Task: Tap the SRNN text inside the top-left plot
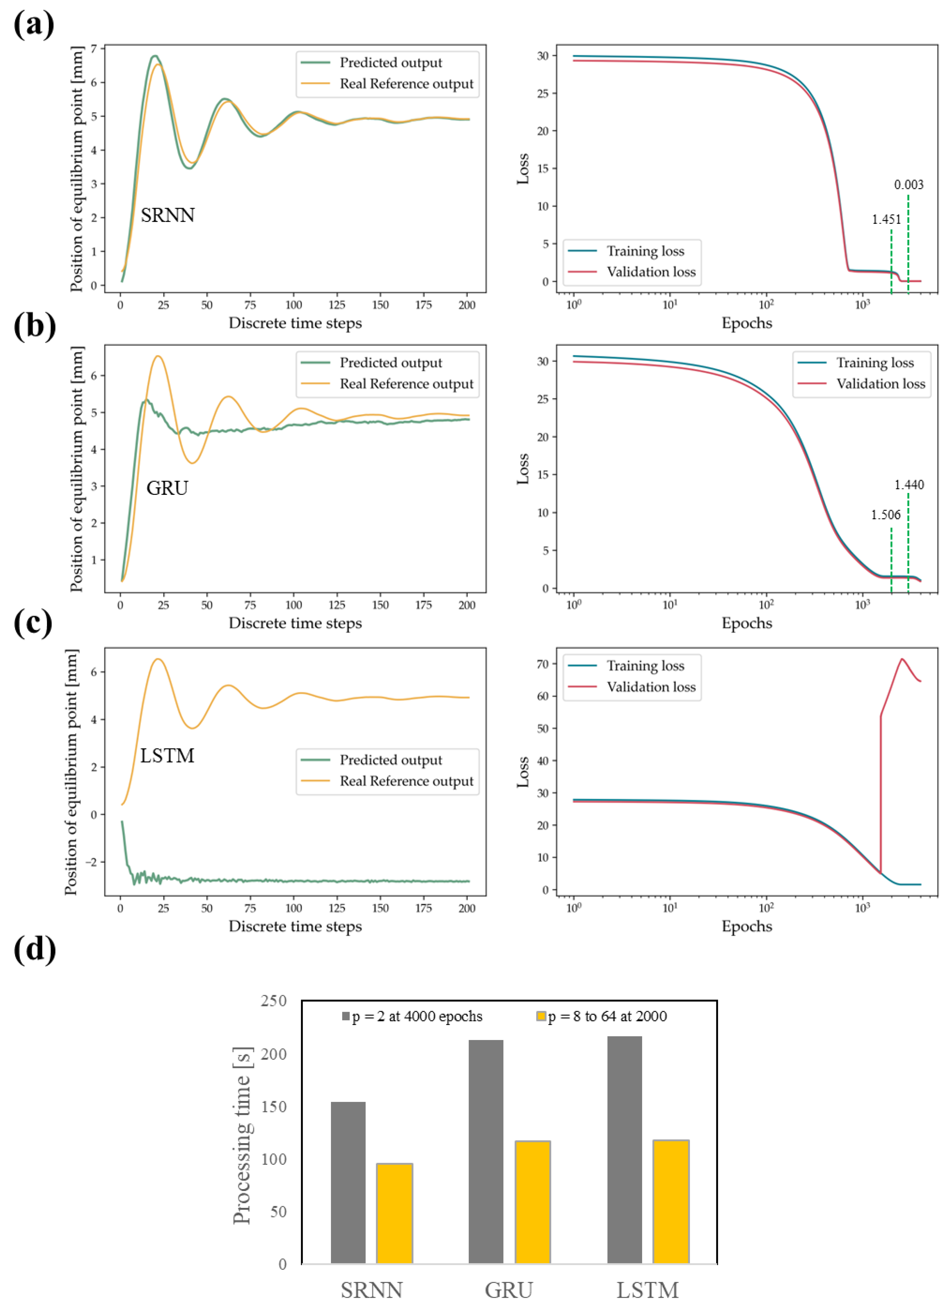(x=167, y=216)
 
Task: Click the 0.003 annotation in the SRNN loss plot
(x=908, y=185)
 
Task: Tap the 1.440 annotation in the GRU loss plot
(x=908, y=485)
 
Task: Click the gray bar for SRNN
(x=348, y=1182)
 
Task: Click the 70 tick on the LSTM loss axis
(x=542, y=664)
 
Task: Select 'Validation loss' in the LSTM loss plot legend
(x=651, y=687)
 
